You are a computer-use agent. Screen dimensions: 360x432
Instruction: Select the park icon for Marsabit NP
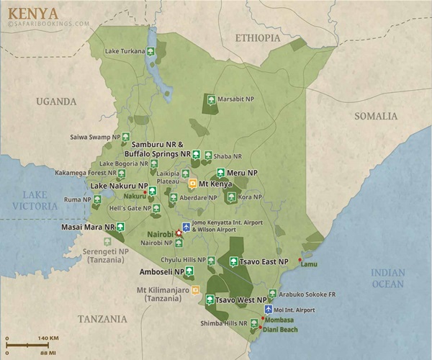(211, 100)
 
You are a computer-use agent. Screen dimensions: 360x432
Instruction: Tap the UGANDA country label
(57, 101)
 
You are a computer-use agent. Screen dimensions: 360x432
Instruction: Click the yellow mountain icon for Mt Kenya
(192, 184)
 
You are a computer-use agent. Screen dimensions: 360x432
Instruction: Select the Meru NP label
(243, 173)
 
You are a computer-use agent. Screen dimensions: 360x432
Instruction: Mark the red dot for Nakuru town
(145, 193)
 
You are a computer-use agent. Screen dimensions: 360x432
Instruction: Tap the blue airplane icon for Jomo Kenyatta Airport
(186, 228)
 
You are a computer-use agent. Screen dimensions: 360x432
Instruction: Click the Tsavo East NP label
(263, 261)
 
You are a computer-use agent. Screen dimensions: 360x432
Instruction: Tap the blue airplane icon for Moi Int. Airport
(269, 310)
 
